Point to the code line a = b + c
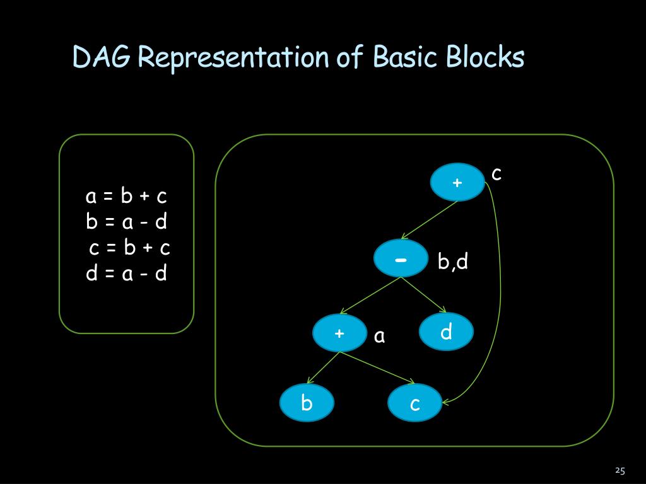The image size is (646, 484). coord(127,197)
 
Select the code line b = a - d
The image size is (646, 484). coord(127,222)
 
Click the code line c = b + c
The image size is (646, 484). coord(130,248)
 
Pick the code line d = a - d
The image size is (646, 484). coord(127,274)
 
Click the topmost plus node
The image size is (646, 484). coord(457,182)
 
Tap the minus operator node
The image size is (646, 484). coord(401,258)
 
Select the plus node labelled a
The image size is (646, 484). coord(339,333)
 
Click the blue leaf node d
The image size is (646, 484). coord(446,331)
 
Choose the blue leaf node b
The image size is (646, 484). coord(307,403)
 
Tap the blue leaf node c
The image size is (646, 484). coord(414,403)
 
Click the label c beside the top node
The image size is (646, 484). coord(496,174)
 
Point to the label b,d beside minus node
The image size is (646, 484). coord(453,261)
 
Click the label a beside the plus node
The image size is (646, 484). coord(379,337)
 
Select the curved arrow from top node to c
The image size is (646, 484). coord(502,290)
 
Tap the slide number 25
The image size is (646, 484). coord(620,471)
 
